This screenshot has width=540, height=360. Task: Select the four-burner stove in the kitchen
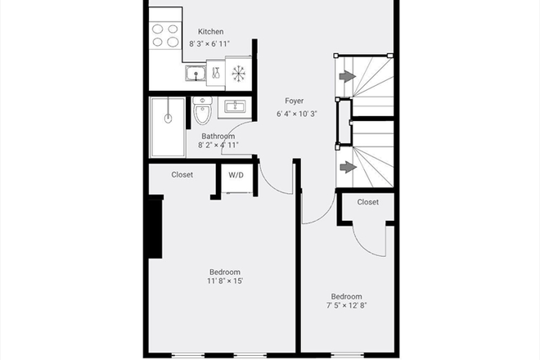point(165,34)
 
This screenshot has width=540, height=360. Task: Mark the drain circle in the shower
point(168,117)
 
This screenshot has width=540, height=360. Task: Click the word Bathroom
point(218,137)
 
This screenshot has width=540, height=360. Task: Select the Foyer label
point(295,103)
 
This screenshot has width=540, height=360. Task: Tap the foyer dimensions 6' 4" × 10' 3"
point(296,115)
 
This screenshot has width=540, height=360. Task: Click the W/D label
point(236,175)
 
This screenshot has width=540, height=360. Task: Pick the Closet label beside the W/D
point(182,174)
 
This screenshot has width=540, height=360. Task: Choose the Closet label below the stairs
point(368,201)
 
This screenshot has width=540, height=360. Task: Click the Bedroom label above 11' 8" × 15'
point(224,272)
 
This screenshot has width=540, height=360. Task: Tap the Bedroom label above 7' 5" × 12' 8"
point(346,296)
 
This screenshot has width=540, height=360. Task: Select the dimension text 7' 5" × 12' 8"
point(346,307)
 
